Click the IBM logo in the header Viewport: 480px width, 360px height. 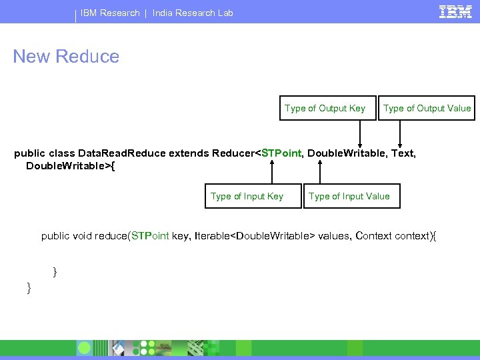455,11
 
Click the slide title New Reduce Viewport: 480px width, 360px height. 66,57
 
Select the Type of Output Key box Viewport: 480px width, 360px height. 325,108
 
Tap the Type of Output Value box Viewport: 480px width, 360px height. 427,108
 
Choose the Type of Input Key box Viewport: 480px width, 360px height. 247,196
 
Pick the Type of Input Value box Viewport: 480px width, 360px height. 349,196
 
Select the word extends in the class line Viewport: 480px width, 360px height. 189,153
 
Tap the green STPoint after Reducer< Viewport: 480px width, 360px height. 281,153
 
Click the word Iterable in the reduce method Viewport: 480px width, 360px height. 211,235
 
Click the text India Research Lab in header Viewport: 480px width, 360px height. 193,13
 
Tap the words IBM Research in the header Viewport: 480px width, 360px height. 110,13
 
